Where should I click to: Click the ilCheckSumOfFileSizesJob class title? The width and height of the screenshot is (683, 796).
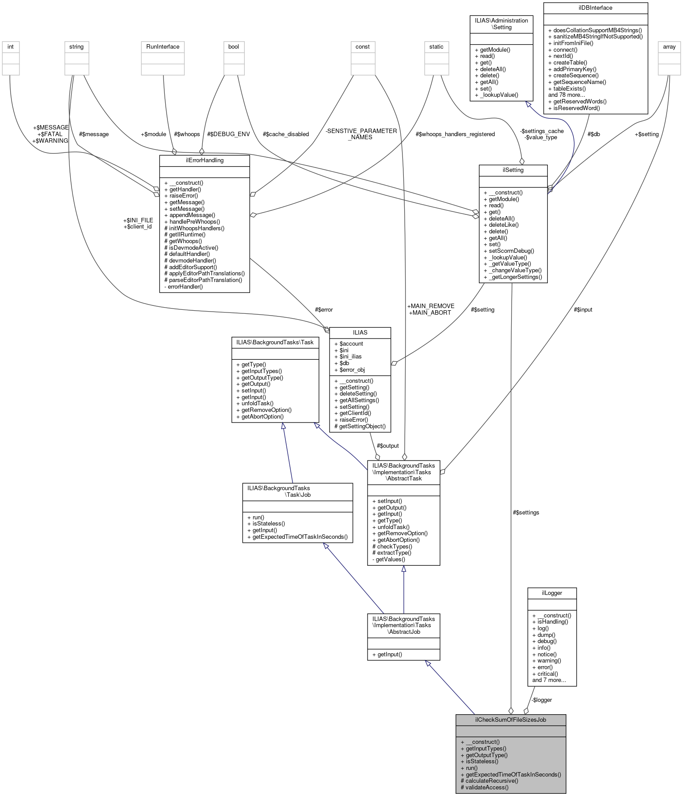point(510,720)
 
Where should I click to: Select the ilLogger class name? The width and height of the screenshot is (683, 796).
point(552,593)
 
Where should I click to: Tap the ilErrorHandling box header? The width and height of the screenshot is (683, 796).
point(205,160)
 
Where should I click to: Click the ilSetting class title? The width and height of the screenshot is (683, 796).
point(513,170)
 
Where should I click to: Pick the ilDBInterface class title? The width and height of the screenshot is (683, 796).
point(596,8)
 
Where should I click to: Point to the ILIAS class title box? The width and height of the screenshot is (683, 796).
point(360,332)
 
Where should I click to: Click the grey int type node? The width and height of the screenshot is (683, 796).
point(11,46)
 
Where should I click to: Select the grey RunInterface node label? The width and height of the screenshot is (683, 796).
point(163,46)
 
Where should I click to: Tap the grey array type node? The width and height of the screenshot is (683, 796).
point(669,46)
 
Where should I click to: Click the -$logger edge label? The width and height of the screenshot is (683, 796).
point(542,700)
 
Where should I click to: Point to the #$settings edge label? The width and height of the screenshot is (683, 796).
point(526,512)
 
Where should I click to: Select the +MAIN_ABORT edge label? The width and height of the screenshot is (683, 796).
point(430,312)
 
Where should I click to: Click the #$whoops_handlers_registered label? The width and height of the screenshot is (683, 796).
point(455,134)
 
